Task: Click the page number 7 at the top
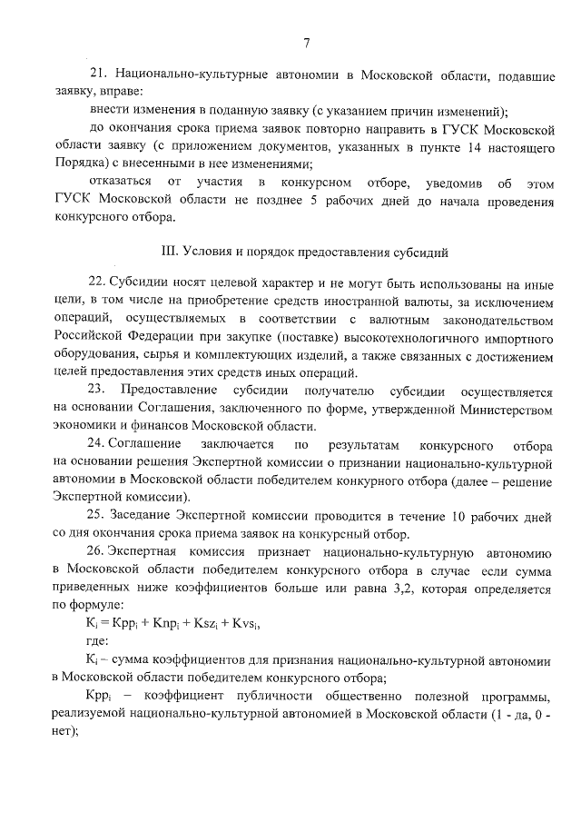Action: [307, 43]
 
